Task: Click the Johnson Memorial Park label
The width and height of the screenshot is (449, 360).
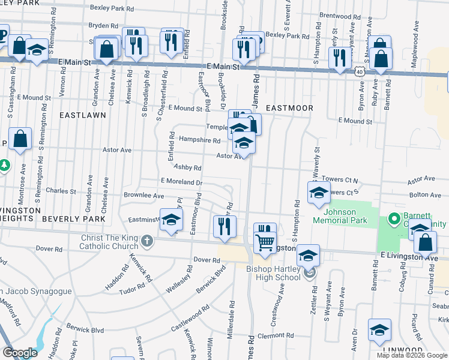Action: coord(340,216)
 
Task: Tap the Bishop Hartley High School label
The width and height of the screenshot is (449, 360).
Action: coord(273,272)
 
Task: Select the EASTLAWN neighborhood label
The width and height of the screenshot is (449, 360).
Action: coord(83,114)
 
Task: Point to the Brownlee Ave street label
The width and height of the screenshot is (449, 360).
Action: coord(143,196)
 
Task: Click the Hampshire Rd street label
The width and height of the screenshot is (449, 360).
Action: coord(200,140)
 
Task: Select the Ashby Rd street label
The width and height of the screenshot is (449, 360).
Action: coord(187,168)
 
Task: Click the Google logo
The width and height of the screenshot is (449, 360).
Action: coord(20,353)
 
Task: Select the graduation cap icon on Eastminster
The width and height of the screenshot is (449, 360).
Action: coord(171,221)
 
